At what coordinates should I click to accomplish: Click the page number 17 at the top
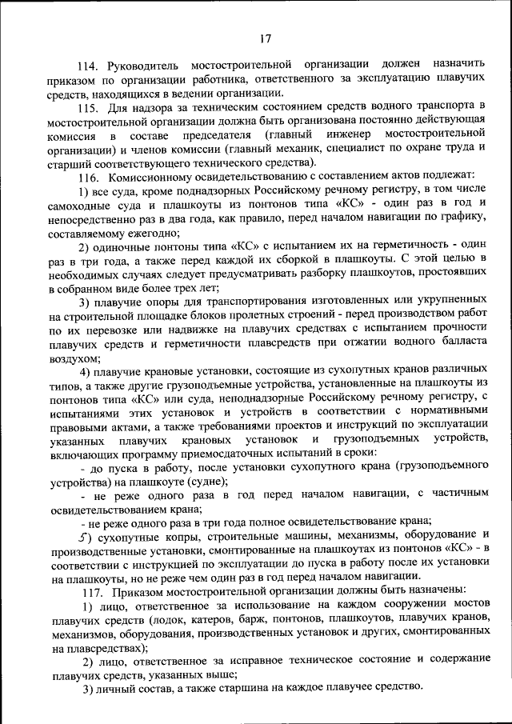pos(266,37)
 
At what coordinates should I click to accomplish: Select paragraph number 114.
pos(87,64)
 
